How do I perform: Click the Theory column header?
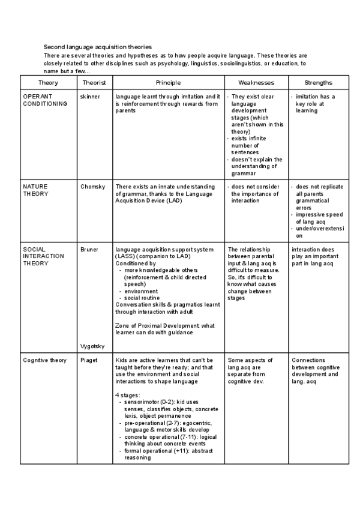coord(48,82)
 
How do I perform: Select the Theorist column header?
coord(94,82)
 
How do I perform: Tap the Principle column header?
coord(168,82)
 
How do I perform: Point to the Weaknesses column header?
coord(256,82)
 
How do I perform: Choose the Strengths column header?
coord(318,82)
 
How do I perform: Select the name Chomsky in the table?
coord(92,187)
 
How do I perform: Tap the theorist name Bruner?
coord(89,248)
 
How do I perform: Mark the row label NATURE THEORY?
coord(35,190)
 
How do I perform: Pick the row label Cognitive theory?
coord(44,360)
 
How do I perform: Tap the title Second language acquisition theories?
coord(98,47)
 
